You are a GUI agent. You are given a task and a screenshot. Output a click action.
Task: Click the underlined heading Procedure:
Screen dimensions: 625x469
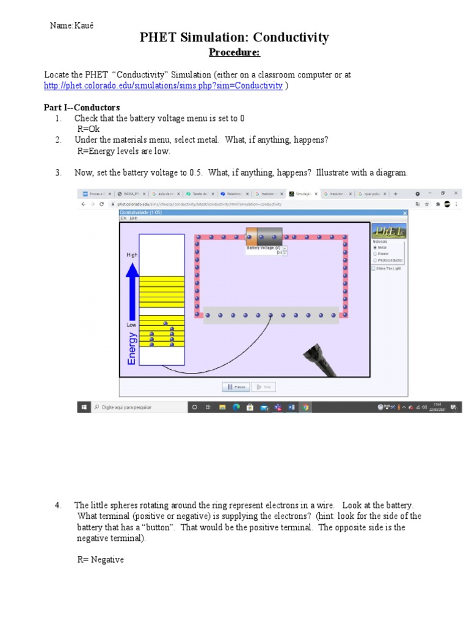[x=234, y=52]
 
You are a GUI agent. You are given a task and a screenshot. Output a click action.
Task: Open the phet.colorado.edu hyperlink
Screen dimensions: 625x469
[x=163, y=86]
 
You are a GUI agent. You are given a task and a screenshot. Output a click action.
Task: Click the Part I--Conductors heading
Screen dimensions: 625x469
[x=82, y=107]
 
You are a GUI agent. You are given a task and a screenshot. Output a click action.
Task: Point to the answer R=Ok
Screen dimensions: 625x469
[x=88, y=129]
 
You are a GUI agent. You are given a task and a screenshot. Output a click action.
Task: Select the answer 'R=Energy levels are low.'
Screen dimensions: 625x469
[x=123, y=151]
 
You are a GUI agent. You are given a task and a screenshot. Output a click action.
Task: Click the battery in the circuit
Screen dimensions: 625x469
[x=264, y=236]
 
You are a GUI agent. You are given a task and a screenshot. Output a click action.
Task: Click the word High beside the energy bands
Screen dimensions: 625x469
[x=132, y=255]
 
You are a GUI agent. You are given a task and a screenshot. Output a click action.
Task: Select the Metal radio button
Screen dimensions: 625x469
[x=375, y=247]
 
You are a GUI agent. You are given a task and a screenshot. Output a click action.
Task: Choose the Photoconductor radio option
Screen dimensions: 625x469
[x=375, y=260]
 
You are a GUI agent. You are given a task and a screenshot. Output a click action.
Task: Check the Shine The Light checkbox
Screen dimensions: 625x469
[x=374, y=268]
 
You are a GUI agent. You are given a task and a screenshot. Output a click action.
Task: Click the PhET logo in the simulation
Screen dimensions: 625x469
[x=388, y=231]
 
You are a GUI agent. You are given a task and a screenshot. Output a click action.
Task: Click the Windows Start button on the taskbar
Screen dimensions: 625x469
[x=84, y=406]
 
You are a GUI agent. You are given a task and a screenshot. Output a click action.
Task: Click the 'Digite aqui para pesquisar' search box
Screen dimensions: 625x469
[x=137, y=406]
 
